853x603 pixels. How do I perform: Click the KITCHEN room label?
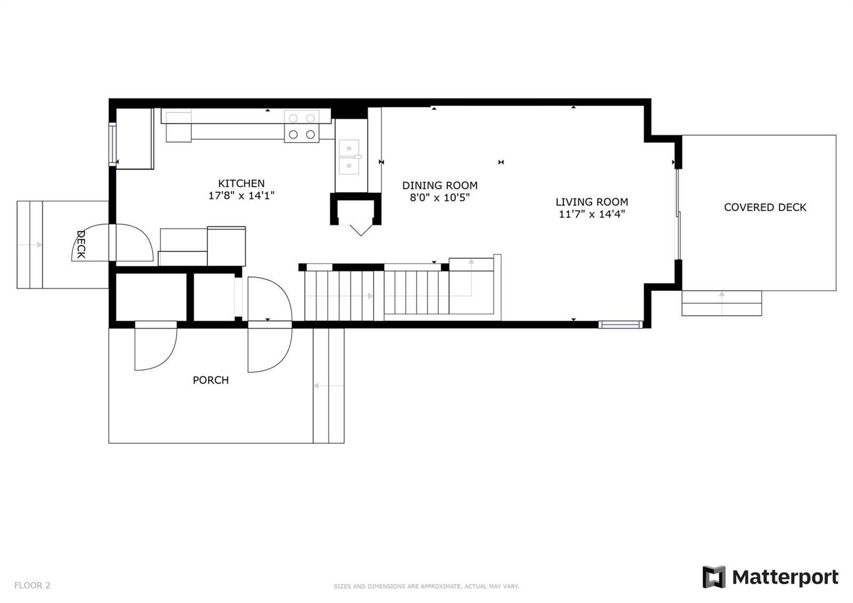[241, 184]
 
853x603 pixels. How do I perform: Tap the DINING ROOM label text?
[440, 186]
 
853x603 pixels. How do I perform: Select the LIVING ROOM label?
[592, 202]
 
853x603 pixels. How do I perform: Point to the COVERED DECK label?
[765, 208]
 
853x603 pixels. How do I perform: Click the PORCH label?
[211, 380]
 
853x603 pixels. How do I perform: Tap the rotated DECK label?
[81, 244]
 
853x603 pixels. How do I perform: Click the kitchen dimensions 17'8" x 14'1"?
[241, 195]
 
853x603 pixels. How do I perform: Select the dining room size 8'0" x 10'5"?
[440, 198]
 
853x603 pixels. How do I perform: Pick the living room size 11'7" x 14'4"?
[592, 214]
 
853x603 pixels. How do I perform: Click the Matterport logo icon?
[714, 577]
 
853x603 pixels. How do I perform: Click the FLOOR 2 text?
[33, 585]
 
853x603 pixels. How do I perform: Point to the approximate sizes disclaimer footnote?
[426, 586]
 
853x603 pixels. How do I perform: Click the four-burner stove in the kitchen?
[302, 126]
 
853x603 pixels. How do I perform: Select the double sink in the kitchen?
[349, 157]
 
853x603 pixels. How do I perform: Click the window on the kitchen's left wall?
[112, 144]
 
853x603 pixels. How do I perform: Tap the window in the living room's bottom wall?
[621, 324]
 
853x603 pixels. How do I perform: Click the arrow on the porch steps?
[328, 386]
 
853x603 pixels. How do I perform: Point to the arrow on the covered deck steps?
[722, 304]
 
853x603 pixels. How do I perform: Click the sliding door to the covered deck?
[678, 214]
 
